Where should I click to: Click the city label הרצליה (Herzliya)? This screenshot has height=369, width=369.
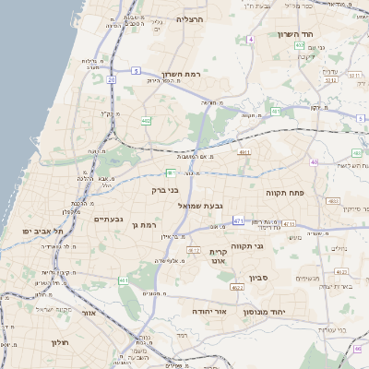pyautogui.click(x=190, y=18)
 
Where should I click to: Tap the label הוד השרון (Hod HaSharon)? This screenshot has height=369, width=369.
pyautogui.click(x=296, y=34)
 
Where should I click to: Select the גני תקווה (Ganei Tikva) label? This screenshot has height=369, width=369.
pyautogui.click(x=270, y=246)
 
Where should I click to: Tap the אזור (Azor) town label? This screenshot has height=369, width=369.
pyautogui.click(x=89, y=313)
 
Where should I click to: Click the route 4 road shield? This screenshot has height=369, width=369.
pyautogui.click(x=250, y=40)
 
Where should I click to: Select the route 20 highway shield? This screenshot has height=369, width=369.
pyautogui.click(x=111, y=80)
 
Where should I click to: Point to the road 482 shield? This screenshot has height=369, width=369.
pyautogui.click(x=146, y=120)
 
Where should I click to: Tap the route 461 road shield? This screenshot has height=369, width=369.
pyautogui.click(x=238, y=221)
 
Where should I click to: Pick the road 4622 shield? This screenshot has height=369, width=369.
pyautogui.click(x=237, y=288)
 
